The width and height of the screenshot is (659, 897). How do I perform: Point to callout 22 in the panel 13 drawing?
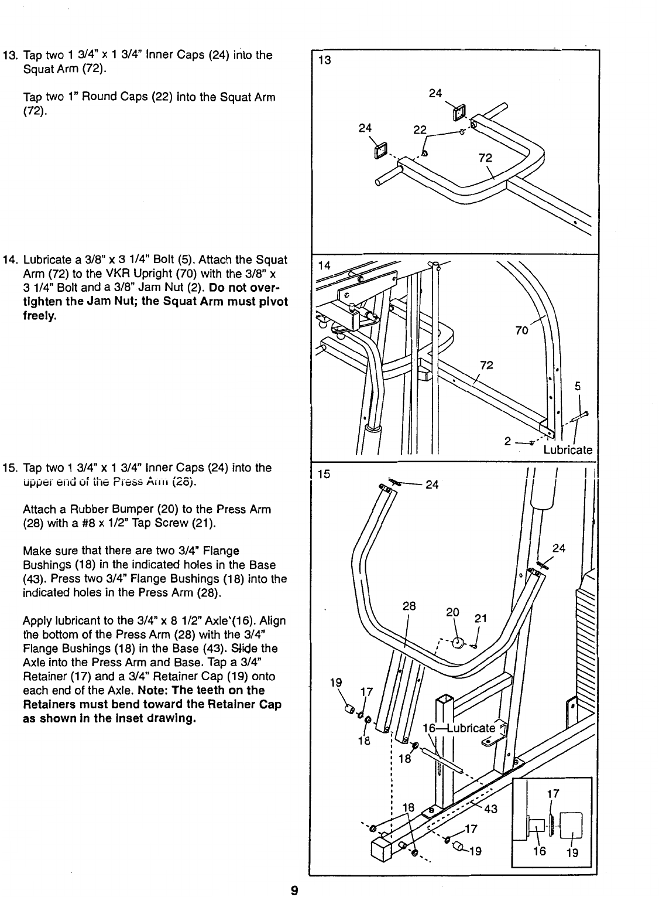[420, 130]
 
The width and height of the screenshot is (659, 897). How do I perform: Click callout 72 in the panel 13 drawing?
[485, 158]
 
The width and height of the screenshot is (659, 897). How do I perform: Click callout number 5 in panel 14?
[578, 386]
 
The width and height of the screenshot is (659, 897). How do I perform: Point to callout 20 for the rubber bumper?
[452, 613]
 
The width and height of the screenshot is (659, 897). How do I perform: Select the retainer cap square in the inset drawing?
[571, 826]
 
